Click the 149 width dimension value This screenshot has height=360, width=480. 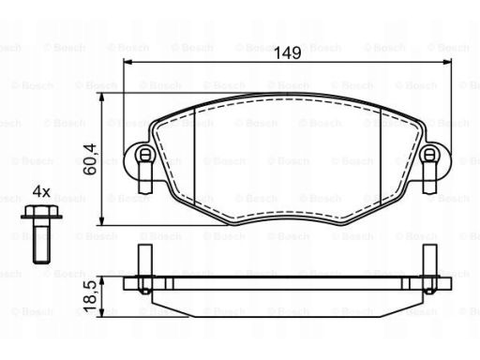pyautogui.click(x=288, y=52)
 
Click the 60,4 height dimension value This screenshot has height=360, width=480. pyautogui.click(x=90, y=159)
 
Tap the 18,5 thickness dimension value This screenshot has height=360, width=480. pyautogui.click(x=90, y=295)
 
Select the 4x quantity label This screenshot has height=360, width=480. pyautogui.click(x=41, y=191)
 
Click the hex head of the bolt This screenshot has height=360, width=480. pyautogui.click(x=41, y=212)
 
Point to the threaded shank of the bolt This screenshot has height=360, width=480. pyautogui.click(x=41, y=241)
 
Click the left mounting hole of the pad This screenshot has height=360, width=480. pyautogui.click(x=144, y=155)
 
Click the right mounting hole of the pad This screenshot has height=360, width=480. pyautogui.click(x=430, y=155)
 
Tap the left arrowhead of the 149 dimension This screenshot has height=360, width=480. pyautogui.click(x=128, y=62)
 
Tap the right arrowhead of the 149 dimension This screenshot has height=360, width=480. pyautogui.click(x=447, y=62)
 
